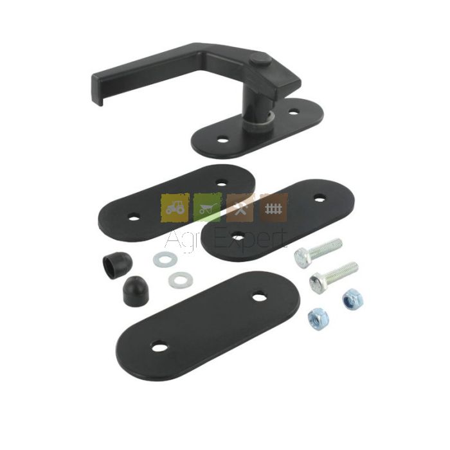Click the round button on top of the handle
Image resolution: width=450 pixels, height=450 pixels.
click(260, 59)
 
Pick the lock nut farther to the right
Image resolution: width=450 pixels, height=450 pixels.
click(353, 300)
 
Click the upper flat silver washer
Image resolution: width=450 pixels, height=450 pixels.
click(165, 259)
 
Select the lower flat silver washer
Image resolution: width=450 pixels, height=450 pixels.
click(181, 280)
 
